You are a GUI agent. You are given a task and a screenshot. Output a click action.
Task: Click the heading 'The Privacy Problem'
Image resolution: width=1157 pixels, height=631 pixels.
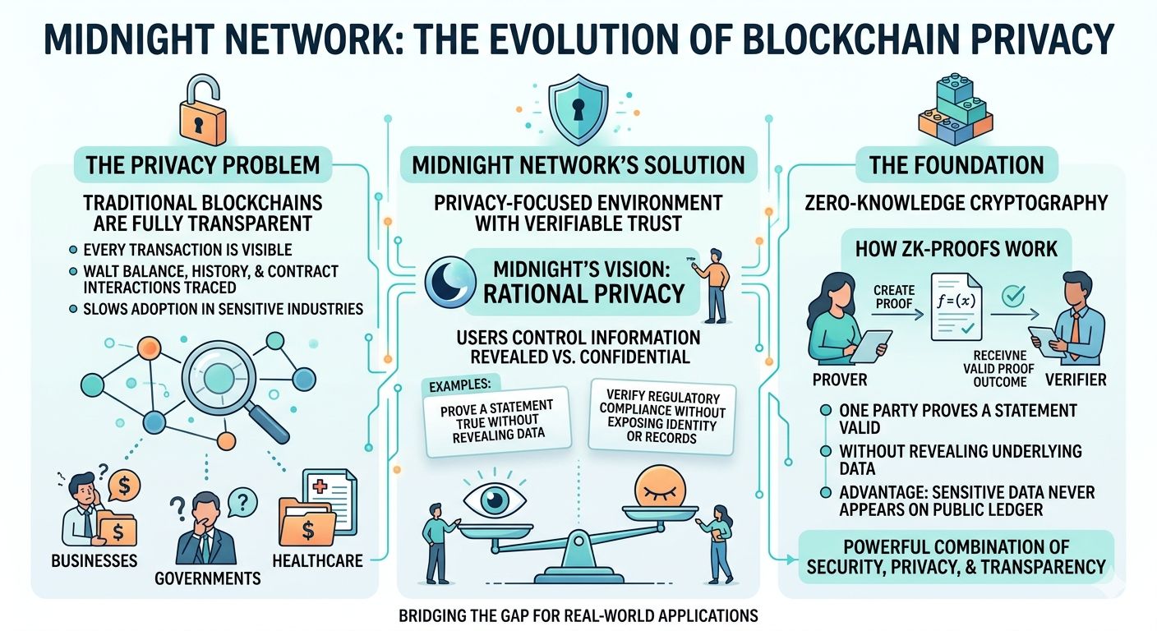[203, 164]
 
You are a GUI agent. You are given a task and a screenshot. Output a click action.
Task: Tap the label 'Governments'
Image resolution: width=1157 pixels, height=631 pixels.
[207, 578]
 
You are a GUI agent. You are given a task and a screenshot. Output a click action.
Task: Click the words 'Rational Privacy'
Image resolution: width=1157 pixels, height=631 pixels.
[584, 294]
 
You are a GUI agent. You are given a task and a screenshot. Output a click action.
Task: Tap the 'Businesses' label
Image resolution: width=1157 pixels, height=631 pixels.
[94, 561]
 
